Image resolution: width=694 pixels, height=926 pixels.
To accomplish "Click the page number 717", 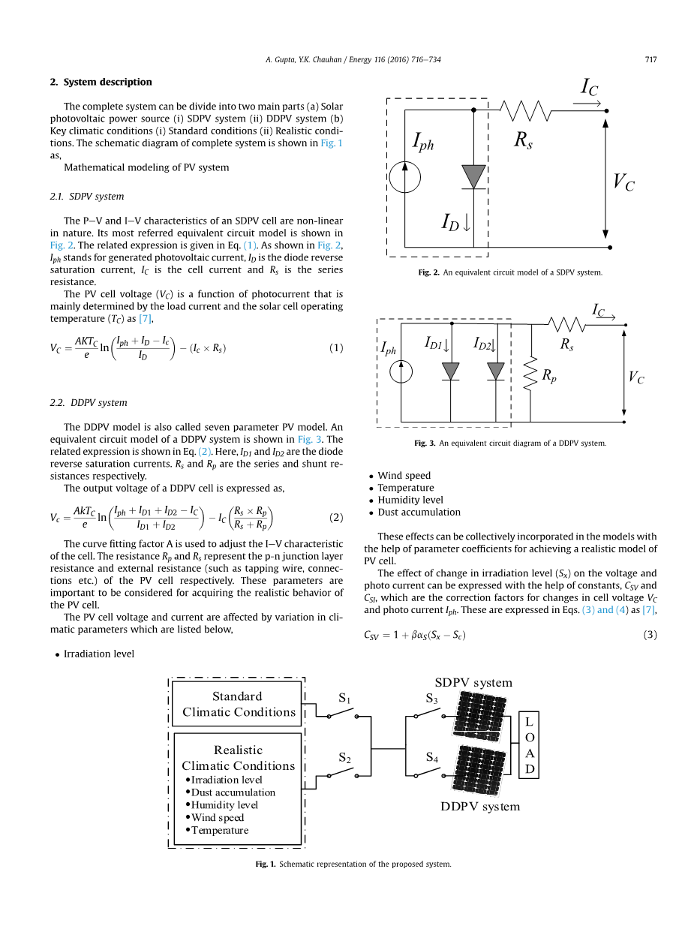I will click(650, 60).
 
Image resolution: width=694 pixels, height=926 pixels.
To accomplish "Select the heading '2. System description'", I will click(101, 83).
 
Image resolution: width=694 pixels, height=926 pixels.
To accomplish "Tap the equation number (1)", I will click(336, 348).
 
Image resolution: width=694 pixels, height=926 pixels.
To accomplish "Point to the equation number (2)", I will click(336, 517).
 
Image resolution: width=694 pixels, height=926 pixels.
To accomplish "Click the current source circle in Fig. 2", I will click(405, 177).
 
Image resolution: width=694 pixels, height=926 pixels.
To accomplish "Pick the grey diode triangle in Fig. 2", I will click(473, 176).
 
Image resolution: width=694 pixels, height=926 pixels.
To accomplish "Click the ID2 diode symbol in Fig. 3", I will click(496, 371).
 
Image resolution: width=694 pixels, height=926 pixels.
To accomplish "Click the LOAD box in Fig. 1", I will click(529, 745).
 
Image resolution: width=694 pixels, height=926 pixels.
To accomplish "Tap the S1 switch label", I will click(344, 699).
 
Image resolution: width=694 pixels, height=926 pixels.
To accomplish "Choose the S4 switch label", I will click(432, 758).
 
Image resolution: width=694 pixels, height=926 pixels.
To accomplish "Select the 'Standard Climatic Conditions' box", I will click(237, 704).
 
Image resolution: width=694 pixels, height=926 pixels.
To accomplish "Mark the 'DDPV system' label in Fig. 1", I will click(479, 807).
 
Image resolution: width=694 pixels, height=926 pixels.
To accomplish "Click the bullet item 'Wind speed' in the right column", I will click(404, 476).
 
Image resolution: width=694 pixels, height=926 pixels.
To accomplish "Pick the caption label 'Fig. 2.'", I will click(428, 272).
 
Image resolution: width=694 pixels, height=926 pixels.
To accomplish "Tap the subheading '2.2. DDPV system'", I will click(89, 403).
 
